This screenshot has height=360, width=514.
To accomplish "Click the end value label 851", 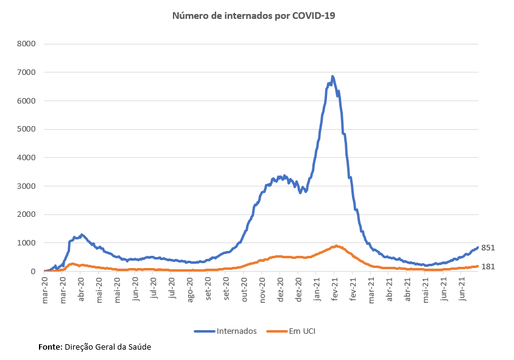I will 488,248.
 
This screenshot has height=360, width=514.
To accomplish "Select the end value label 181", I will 488,266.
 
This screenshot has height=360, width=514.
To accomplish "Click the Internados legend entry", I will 236,331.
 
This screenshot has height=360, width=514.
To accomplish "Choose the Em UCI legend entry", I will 301,331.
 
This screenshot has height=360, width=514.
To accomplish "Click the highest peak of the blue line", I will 333,77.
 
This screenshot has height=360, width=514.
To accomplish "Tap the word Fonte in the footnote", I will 49,347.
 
